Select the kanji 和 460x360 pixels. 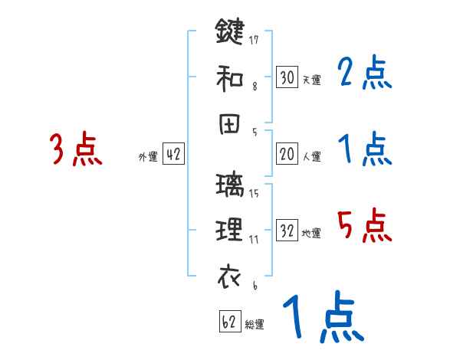229,76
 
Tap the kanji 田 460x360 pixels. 229,123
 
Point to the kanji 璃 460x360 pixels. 229,185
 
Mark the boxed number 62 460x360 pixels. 228,322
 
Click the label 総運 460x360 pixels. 255,325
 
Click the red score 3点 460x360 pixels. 75,149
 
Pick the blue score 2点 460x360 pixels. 364,74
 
